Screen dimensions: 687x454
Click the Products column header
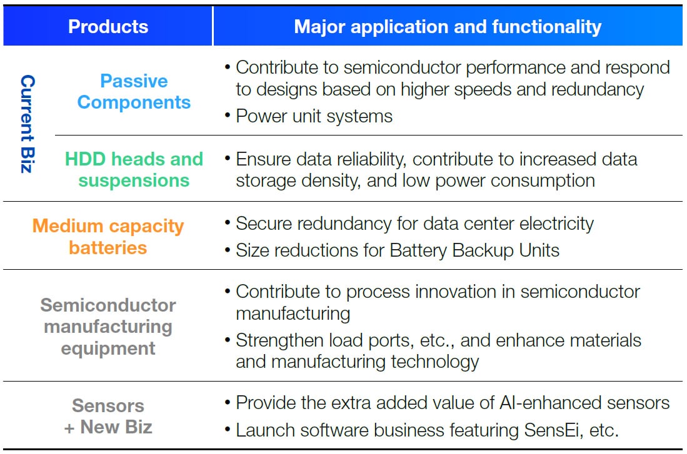[x=108, y=27]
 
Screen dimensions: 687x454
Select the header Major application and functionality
[x=448, y=27]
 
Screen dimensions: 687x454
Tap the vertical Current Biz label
[x=28, y=124]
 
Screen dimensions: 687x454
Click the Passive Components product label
[x=134, y=92]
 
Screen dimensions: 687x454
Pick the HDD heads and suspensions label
[x=134, y=169]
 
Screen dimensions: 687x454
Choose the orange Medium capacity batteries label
[x=108, y=237]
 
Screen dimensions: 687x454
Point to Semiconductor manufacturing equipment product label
[x=108, y=327]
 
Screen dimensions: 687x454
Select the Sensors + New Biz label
[x=108, y=417]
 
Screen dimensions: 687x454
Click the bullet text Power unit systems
[x=314, y=116]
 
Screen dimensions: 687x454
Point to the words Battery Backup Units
[x=474, y=250]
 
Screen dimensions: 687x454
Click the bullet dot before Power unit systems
[x=228, y=116]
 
